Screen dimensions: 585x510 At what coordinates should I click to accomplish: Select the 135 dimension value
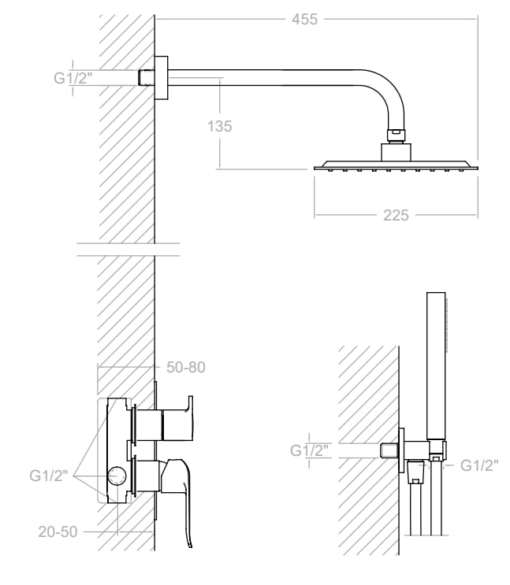tap(221, 125)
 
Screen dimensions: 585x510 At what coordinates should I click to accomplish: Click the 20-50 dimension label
tap(58, 531)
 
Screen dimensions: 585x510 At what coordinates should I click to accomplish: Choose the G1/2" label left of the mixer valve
tap(50, 476)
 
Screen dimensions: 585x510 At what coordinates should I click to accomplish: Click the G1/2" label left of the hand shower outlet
tap(310, 450)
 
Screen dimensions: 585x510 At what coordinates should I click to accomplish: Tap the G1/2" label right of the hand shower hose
tap(479, 465)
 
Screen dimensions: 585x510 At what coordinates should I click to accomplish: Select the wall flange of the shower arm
tap(162, 78)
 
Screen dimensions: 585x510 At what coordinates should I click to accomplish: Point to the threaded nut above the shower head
tap(395, 135)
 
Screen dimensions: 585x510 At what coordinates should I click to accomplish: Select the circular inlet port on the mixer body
tap(117, 476)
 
